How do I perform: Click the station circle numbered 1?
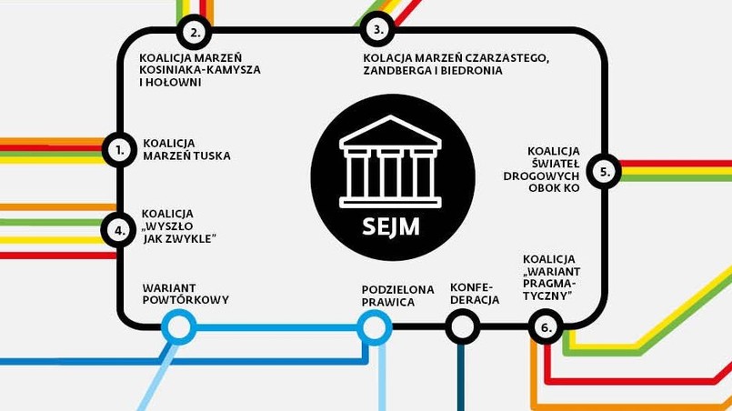coord(119,150)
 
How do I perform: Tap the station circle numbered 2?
coord(194,33)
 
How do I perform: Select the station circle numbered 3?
coord(376,30)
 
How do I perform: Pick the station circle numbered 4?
coord(119,230)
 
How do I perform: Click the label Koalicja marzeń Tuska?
coord(186,149)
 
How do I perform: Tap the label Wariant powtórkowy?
coord(186,294)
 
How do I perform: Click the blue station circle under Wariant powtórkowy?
coord(178,326)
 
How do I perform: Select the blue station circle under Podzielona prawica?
coord(374,326)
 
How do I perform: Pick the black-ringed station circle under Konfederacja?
coord(462,326)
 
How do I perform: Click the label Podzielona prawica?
coord(398,296)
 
